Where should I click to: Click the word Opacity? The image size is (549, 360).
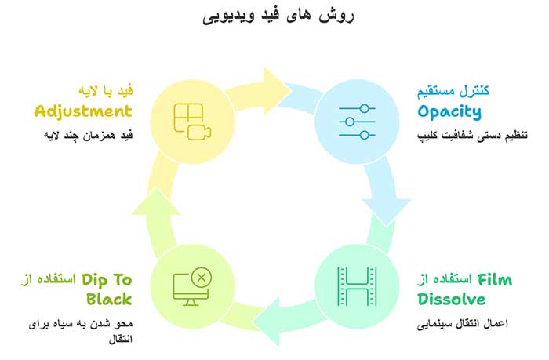click(x=449, y=111)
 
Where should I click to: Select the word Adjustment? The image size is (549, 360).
click(x=83, y=111)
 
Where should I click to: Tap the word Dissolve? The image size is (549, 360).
click(x=451, y=299)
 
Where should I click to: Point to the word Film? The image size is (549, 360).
click(x=495, y=279)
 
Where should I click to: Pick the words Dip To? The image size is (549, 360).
click(x=106, y=279)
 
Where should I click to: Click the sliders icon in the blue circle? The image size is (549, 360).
click(x=356, y=122)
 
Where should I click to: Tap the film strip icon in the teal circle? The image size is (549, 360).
click(x=356, y=287)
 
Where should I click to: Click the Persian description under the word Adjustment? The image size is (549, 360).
click(x=87, y=135)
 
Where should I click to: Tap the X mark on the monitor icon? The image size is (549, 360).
click(x=202, y=277)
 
